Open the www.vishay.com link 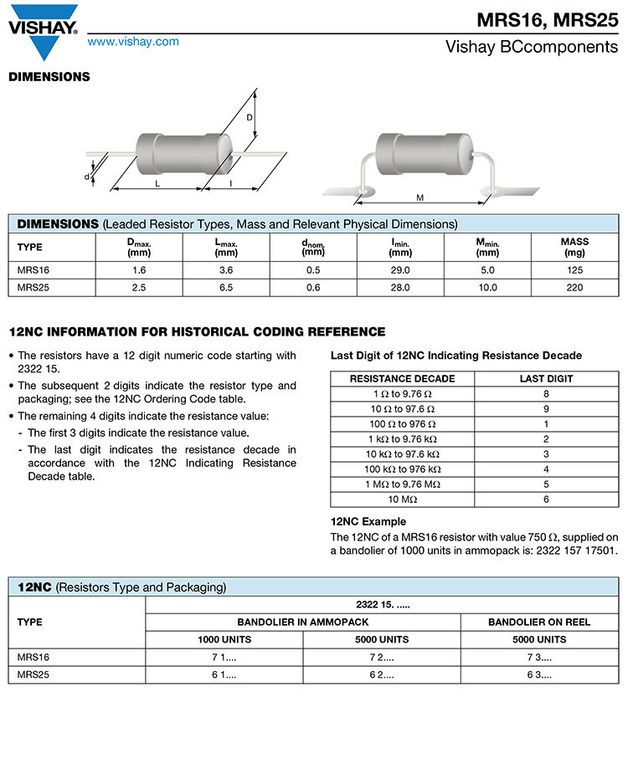pyautogui.click(x=133, y=42)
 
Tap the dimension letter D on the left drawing pyautogui.click(x=249, y=118)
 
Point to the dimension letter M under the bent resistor pyautogui.click(x=420, y=197)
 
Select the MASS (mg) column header pyautogui.click(x=574, y=247)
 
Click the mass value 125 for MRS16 pyautogui.click(x=574, y=270)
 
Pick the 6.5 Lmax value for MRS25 pyautogui.click(x=226, y=287)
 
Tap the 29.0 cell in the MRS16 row pyautogui.click(x=400, y=270)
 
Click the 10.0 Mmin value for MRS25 pyautogui.click(x=487, y=287)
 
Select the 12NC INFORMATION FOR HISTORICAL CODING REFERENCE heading pyautogui.click(x=197, y=332)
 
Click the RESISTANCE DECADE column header pyautogui.click(x=403, y=378)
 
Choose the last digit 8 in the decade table pyautogui.click(x=546, y=393)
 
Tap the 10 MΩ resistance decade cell pyautogui.click(x=403, y=499)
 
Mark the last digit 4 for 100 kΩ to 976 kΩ pyautogui.click(x=546, y=469)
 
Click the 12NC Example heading pyautogui.click(x=368, y=521)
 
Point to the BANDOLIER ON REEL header pyautogui.click(x=539, y=622)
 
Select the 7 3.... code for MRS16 pyautogui.click(x=539, y=657)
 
